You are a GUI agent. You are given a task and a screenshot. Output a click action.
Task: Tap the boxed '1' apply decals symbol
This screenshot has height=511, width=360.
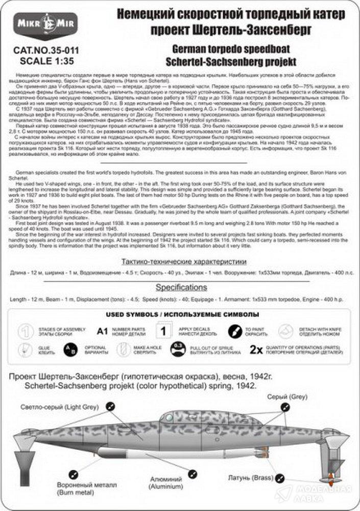point(163,331)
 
